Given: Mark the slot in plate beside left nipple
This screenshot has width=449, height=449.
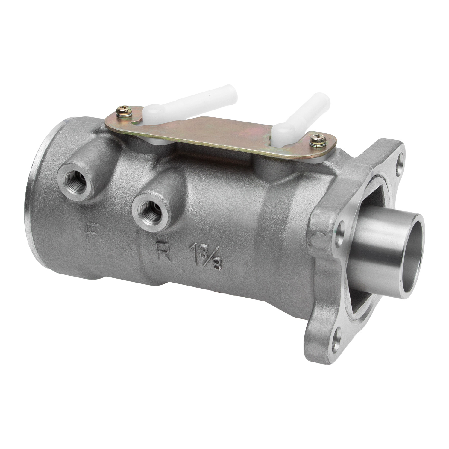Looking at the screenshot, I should tap(137, 121).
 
